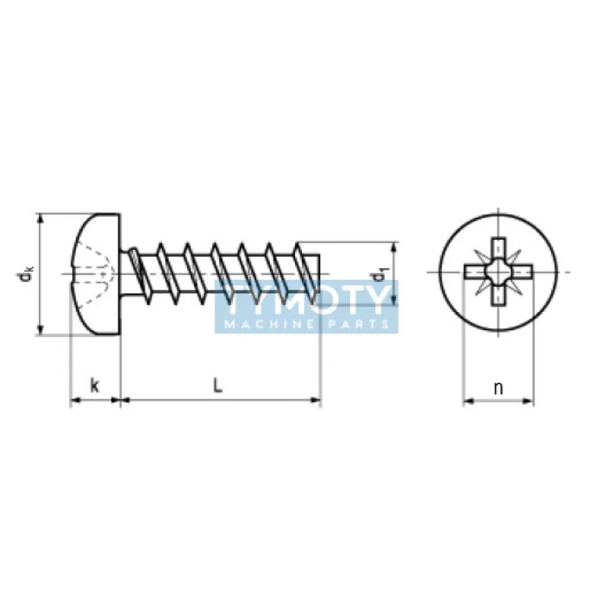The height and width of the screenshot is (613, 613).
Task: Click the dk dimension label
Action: pos(25,274)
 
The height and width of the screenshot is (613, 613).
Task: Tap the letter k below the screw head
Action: pos(94,385)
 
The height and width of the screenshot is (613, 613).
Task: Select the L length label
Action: pos(218,385)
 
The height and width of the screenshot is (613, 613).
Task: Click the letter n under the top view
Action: pos(498,388)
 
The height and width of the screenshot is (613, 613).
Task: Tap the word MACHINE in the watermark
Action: pos(270,324)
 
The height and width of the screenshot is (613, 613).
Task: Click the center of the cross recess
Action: pos(498,272)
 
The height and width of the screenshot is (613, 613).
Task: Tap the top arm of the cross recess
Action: pos(498,247)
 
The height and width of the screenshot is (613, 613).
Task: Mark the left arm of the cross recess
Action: pos(474,272)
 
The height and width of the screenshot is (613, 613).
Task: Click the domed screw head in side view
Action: pos(96,274)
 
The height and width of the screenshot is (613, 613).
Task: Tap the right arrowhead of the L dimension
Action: pos(315,400)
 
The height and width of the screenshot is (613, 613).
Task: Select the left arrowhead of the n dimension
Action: pos(469,401)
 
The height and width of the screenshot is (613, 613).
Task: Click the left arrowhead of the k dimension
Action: pos(75,400)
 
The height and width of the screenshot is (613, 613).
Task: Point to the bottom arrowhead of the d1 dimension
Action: pos(394,300)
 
